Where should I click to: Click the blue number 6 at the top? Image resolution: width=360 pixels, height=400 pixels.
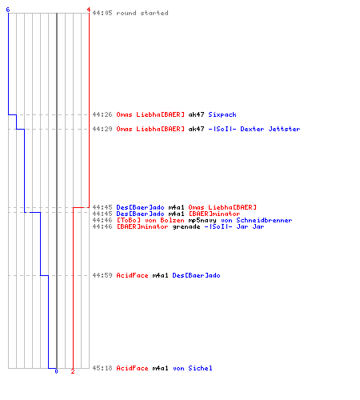[8, 10]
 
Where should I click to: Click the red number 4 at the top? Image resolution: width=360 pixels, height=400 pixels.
[89, 10]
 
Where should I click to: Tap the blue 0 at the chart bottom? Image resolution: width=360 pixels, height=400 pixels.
[56, 371]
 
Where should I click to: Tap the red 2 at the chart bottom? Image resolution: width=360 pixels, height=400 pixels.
[73, 371]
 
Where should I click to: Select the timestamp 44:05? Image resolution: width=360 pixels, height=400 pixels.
[102, 13]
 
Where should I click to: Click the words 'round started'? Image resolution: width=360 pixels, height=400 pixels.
[142, 13]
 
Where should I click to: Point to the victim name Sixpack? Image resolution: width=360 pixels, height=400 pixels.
[222, 114]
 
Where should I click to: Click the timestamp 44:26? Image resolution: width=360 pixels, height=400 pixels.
[102, 114]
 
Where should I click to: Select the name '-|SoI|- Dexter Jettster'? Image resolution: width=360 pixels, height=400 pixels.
[254, 129]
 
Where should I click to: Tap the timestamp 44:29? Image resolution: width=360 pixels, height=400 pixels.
[102, 129]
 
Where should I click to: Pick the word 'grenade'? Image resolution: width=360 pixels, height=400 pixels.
[186, 227]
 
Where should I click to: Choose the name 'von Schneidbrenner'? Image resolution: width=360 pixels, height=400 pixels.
[257, 220]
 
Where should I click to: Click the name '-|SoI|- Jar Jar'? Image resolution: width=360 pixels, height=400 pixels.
[234, 226]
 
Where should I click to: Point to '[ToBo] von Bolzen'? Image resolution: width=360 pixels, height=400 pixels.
[150, 220]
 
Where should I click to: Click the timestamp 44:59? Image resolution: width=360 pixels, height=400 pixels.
[102, 275]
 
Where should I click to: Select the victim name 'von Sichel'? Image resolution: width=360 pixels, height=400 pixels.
[193, 368]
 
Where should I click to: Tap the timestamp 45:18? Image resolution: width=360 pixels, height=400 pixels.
[102, 368]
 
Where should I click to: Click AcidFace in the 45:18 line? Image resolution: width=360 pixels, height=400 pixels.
[132, 368]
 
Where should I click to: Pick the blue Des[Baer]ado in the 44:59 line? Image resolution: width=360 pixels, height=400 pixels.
[196, 275]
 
